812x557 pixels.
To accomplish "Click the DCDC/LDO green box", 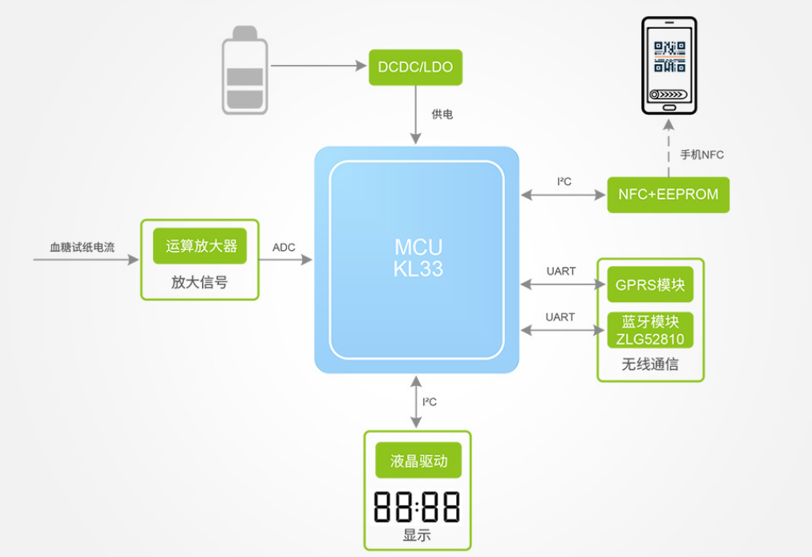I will coord(415,67).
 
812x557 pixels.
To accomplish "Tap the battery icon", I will coord(244,71).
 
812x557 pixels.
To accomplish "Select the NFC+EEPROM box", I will coord(668,194).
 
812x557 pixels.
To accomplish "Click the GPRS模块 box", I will coord(649,285).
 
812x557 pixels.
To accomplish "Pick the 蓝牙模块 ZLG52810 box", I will coord(649,329).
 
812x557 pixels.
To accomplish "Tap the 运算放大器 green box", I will coord(200,246).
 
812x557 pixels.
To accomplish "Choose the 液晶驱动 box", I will coord(418,461).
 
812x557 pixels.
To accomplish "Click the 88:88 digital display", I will coord(417,507).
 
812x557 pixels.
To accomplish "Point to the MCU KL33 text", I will coord(418,257).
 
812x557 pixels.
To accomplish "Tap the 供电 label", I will coord(442,115).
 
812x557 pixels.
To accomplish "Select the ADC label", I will coord(284,247).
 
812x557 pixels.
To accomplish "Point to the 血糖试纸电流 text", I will coord(82,247).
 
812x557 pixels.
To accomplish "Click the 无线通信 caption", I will coord(649,365).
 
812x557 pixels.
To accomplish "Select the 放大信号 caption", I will coord(200,281).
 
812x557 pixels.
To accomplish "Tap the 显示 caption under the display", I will coord(417,535).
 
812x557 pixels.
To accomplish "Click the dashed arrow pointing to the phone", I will coord(668,148).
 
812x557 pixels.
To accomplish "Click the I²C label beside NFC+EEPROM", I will coord(564,182).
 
